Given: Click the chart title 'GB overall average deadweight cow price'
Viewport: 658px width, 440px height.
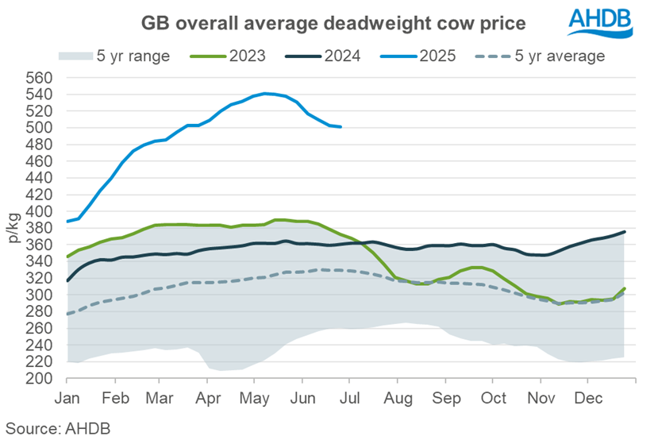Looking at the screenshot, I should pos(333,23).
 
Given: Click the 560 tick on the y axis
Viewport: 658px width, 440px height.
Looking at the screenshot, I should pos(39,78).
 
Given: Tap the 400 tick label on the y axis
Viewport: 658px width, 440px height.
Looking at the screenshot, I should pos(39,211).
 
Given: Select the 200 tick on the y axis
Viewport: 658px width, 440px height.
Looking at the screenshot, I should pos(39,378).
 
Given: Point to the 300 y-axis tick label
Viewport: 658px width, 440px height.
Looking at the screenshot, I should pos(39,295).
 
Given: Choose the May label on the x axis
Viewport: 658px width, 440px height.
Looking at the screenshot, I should pos(255,396).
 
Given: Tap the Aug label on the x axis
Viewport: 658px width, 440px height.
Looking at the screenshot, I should pos(399,396).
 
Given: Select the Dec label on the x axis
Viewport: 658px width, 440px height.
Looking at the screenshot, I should pos(588,396).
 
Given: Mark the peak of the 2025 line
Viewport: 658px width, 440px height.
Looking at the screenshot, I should pos(265,93).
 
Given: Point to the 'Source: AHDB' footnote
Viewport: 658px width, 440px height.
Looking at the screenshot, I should pos(55,427).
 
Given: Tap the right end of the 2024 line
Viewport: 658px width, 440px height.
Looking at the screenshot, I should pos(625,232).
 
